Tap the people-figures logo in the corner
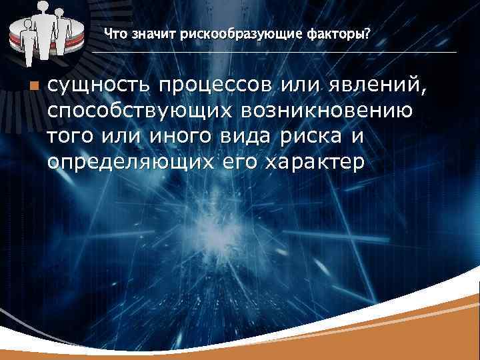(x=42, y=31)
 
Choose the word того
(x=72, y=136)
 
